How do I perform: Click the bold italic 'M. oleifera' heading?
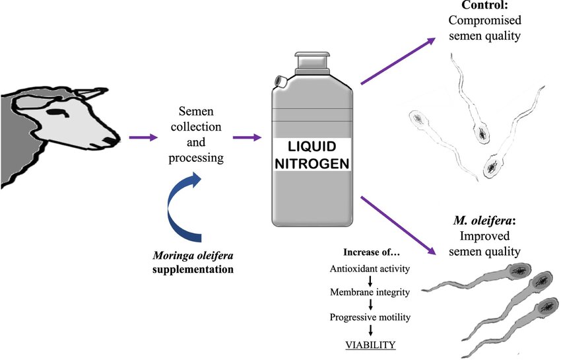(489, 219)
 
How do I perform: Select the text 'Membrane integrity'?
(370, 293)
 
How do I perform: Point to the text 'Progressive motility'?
(370, 318)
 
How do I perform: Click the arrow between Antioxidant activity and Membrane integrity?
(370, 280)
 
